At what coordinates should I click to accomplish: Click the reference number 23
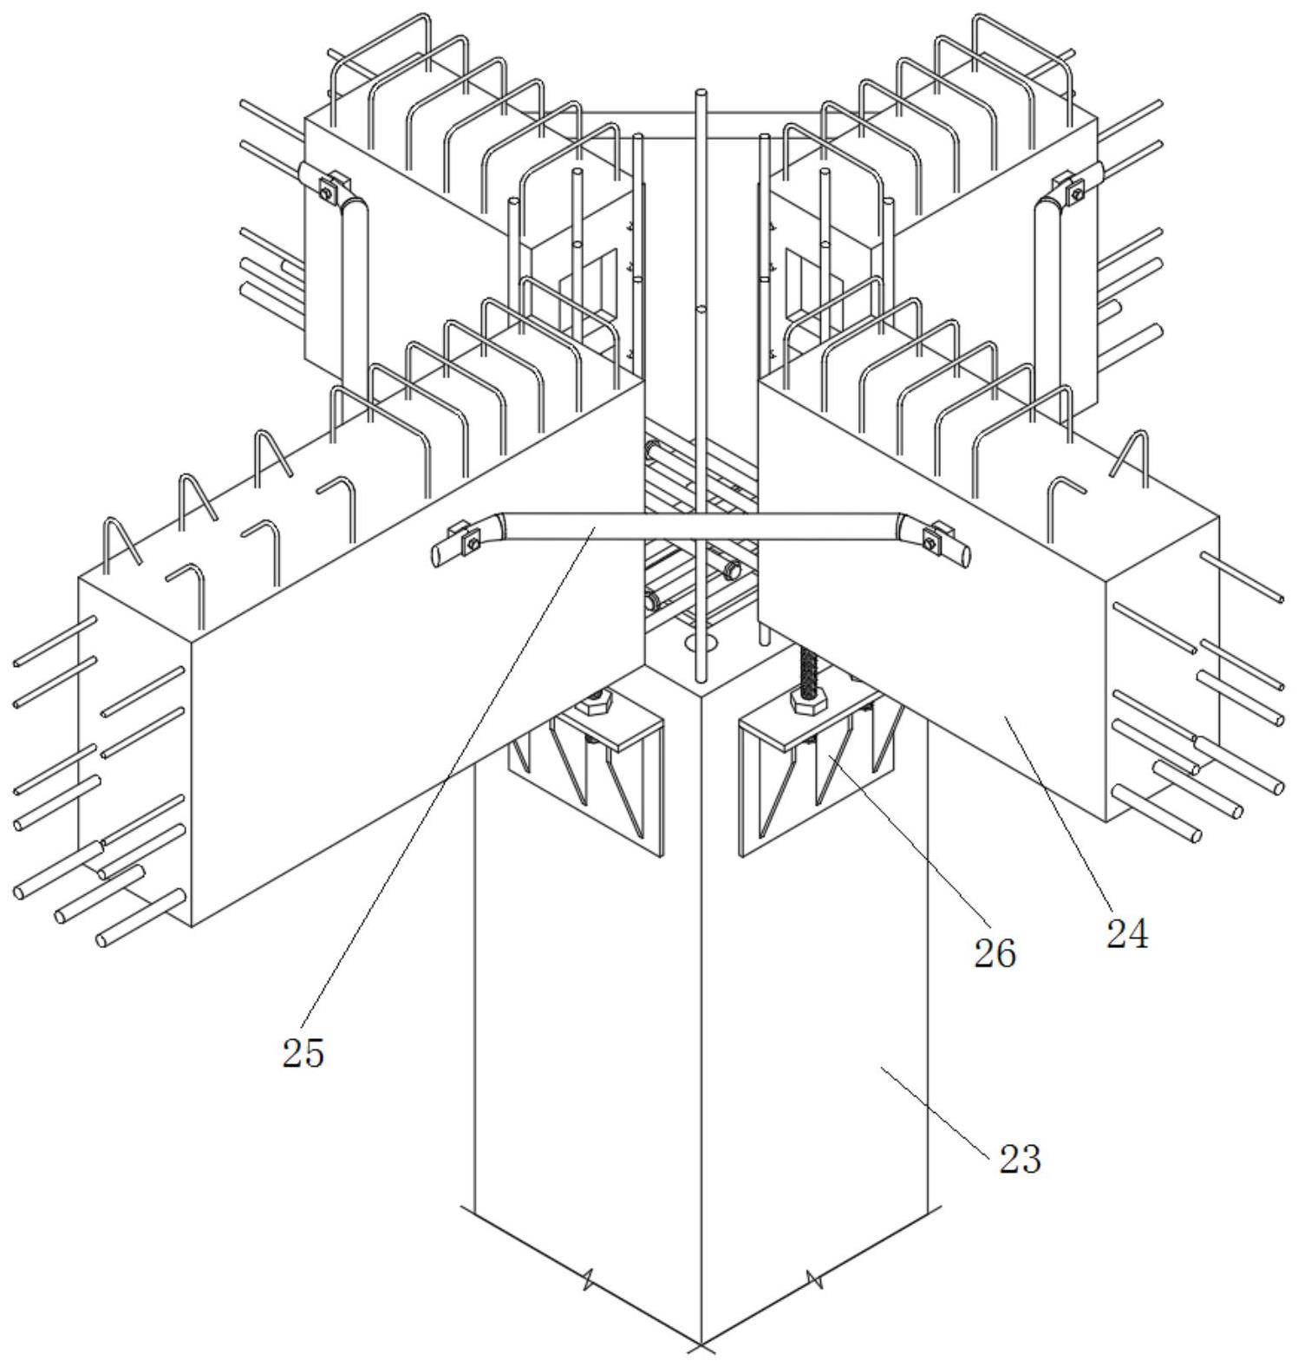click(x=1019, y=1160)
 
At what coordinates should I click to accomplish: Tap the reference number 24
click(x=1126, y=935)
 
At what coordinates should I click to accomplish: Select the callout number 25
click(x=303, y=1053)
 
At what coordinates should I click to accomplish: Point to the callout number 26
click(x=994, y=954)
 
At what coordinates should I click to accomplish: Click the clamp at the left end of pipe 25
click(x=469, y=540)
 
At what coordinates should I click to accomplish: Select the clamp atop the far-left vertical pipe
click(x=328, y=188)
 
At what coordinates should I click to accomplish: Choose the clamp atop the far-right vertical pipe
click(x=1072, y=188)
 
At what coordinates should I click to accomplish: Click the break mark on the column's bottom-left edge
click(x=588, y=1280)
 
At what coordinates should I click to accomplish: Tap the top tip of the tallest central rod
click(x=701, y=92)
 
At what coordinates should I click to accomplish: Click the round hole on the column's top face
click(x=701, y=643)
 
